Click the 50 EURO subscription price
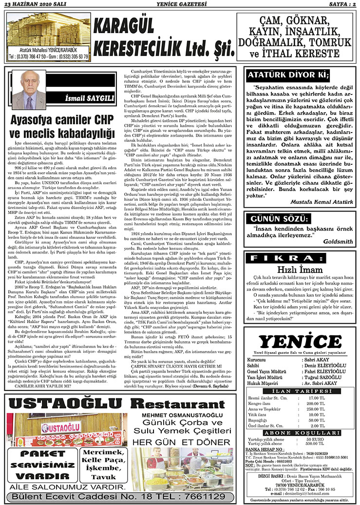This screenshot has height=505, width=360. (315, 439)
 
